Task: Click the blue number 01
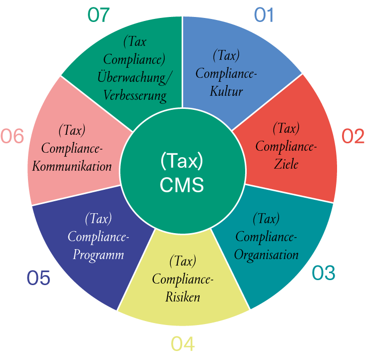click(x=264, y=15)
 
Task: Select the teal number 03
click(x=324, y=273)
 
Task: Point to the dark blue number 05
click(x=38, y=278)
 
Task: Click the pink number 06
click(x=12, y=136)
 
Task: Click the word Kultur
click(x=226, y=92)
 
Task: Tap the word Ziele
click(x=286, y=163)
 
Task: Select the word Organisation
click(x=266, y=255)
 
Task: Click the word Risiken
click(x=183, y=297)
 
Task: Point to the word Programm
click(x=98, y=255)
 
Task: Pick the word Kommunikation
click(x=72, y=166)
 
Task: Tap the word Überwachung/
click(x=135, y=78)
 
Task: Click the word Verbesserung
click(x=135, y=95)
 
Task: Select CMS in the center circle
click(x=182, y=185)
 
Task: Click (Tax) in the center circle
click(x=182, y=162)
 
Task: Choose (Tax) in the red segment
click(x=286, y=128)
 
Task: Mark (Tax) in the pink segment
click(x=72, y=130)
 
